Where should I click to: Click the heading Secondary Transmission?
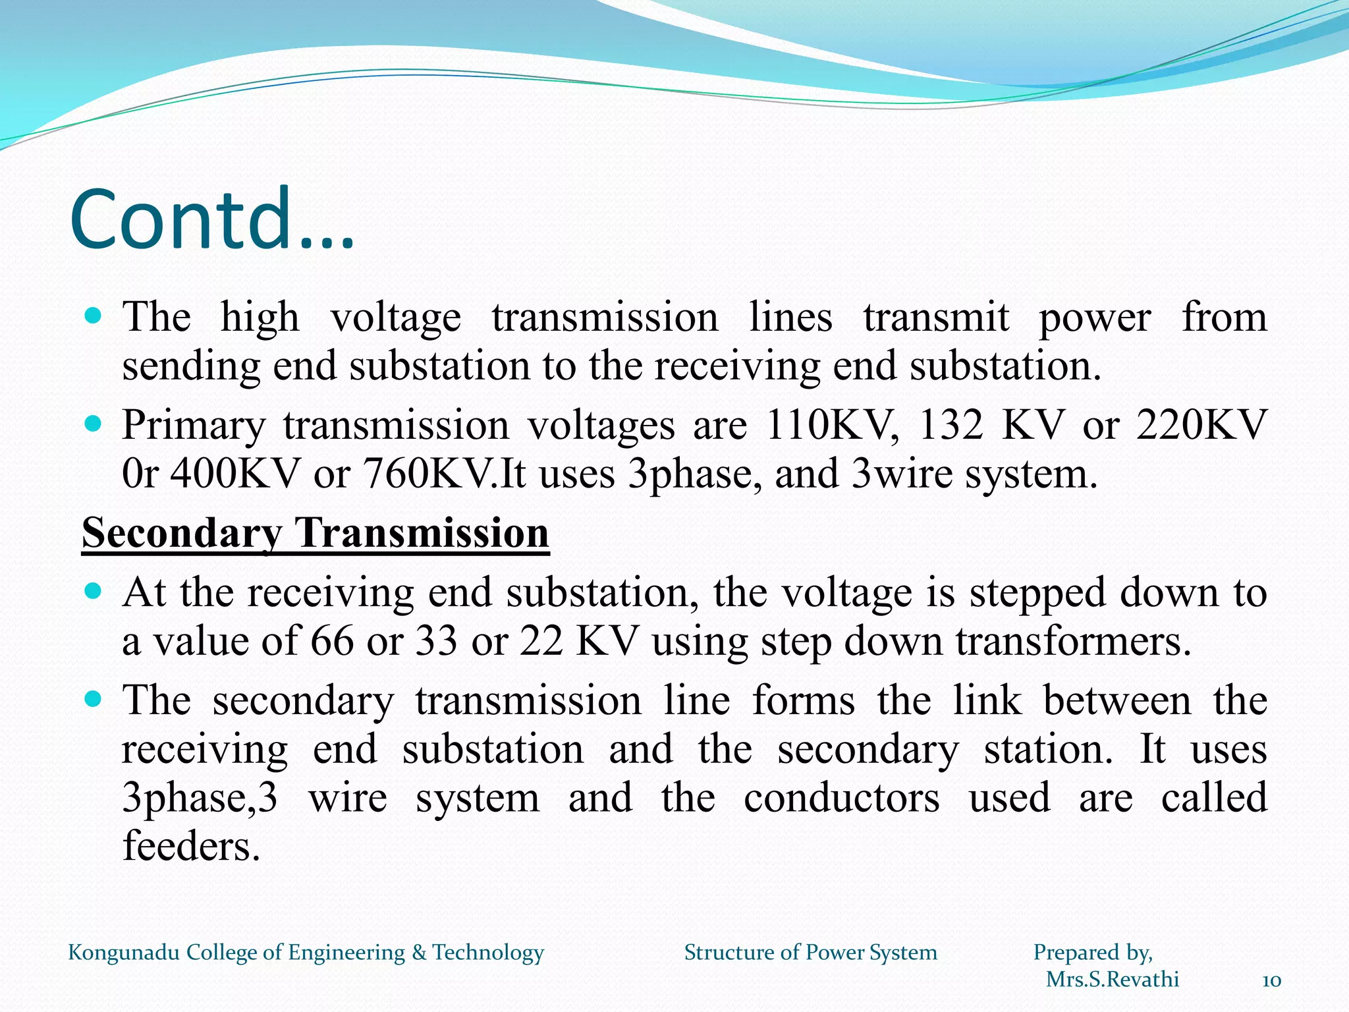(x=316, y=532)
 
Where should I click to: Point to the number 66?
(x=332, y=640)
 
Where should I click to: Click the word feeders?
(x=192, y=846)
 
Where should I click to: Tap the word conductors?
(x=842, y=798)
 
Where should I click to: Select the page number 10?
(x=1271, y=981)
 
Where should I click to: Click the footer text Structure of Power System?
(x=810, y=953)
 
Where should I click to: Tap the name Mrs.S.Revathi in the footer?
(x=1113, y=980)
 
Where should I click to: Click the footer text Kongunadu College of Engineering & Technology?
(x=306, y=953)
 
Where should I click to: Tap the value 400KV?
(x=234, y=474)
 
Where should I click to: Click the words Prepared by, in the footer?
(x=1093, y=953)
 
